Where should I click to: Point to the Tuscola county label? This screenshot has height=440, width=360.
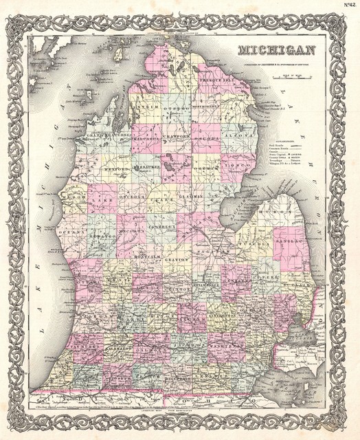coord(254,241)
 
